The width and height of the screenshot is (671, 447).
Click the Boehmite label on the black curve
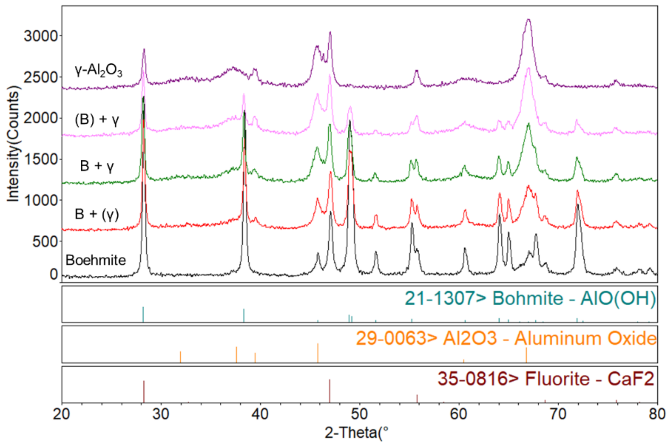[x=96, y=260]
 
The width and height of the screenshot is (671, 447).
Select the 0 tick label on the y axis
[x=54, y=274]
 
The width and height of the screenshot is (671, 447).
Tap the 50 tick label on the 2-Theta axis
[x=359, y=414]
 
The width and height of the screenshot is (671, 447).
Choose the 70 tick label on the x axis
[x=558, y=414]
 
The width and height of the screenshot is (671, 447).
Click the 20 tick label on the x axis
[x=61, y=414]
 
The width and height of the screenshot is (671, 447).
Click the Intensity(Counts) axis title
[x=13, y=144]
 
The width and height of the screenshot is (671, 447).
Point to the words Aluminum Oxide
[x=585, y=339]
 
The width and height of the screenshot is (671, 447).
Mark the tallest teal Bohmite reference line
[x=143, y=314]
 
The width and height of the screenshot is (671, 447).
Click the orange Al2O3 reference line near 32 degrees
[x=180, y=357]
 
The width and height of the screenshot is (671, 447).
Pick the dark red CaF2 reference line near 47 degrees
[x=330, y=391]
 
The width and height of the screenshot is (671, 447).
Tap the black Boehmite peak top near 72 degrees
[x=578, y=205]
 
